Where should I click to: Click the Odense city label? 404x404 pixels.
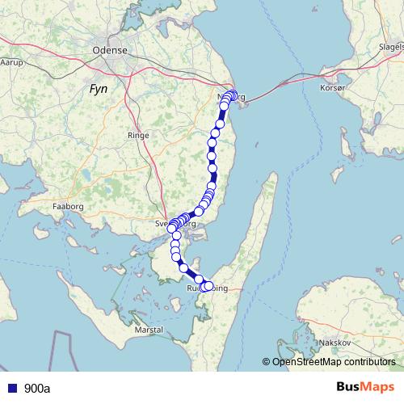point(111,49)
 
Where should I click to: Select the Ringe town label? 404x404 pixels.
point(139,136)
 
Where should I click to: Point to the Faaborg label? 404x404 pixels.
point(68,207)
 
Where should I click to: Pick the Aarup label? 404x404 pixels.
point(11,61)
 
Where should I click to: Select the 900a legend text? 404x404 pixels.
point(37,388)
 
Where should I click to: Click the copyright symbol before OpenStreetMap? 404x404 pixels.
point(266,362)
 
